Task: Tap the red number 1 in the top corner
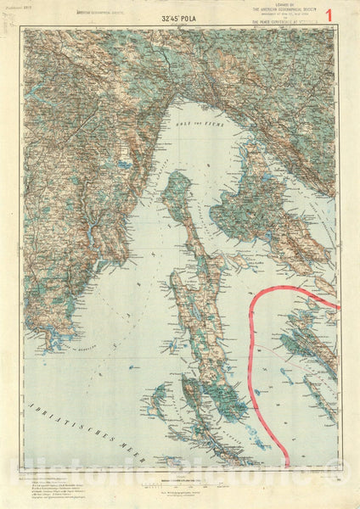(342, 15)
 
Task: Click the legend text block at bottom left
(51, 488)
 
